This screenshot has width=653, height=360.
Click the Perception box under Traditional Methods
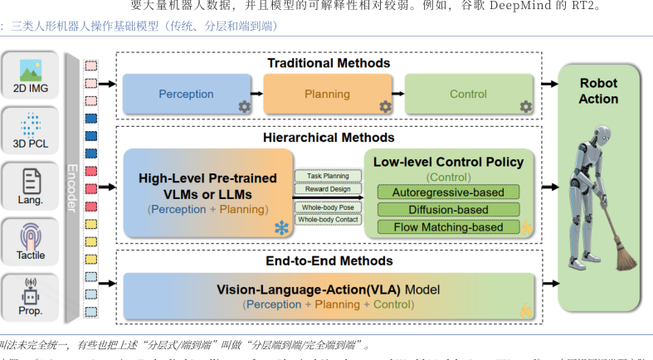point(187,95)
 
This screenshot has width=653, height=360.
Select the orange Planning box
point(327,95)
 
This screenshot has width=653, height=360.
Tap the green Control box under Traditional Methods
point(468,95)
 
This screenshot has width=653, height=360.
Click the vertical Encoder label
point(71,192)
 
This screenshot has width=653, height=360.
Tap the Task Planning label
point(329,176)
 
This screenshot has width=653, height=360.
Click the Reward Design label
point(329,189)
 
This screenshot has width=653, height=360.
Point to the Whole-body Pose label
point(329,207)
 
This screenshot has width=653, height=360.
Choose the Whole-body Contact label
point(329,220)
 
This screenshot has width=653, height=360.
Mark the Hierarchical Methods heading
point(330,137)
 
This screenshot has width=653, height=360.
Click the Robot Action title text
point(598,91)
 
